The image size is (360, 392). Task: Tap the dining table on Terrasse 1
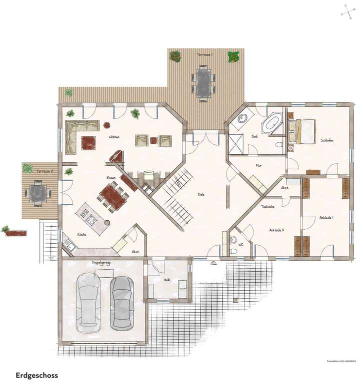203,83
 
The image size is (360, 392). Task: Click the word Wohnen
115,137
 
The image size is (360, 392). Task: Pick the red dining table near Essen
113,195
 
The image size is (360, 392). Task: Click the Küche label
81,234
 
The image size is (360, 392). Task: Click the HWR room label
166,280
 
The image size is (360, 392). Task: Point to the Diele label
201,194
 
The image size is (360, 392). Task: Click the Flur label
258,165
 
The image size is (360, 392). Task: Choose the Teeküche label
267,206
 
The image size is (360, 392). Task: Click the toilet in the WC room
233,241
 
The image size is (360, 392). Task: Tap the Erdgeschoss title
36,375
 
